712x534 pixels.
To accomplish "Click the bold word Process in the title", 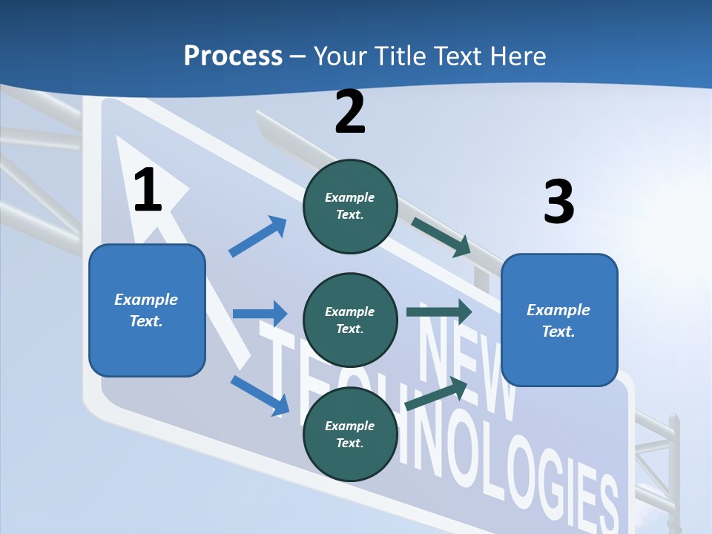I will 233,56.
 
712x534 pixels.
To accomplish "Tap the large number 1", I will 148,191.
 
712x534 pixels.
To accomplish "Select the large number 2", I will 350,112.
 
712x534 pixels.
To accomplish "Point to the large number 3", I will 558,202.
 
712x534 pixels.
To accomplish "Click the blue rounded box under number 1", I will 147,310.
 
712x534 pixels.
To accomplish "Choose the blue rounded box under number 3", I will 559,320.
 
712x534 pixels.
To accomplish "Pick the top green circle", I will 350,206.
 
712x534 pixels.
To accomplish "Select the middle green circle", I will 350,320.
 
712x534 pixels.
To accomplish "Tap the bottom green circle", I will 350,434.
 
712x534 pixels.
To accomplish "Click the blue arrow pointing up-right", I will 258,237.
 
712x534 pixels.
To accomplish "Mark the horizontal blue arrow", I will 260,314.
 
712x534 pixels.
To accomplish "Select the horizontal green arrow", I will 438,311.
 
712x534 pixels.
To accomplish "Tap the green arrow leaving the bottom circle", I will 437,394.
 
